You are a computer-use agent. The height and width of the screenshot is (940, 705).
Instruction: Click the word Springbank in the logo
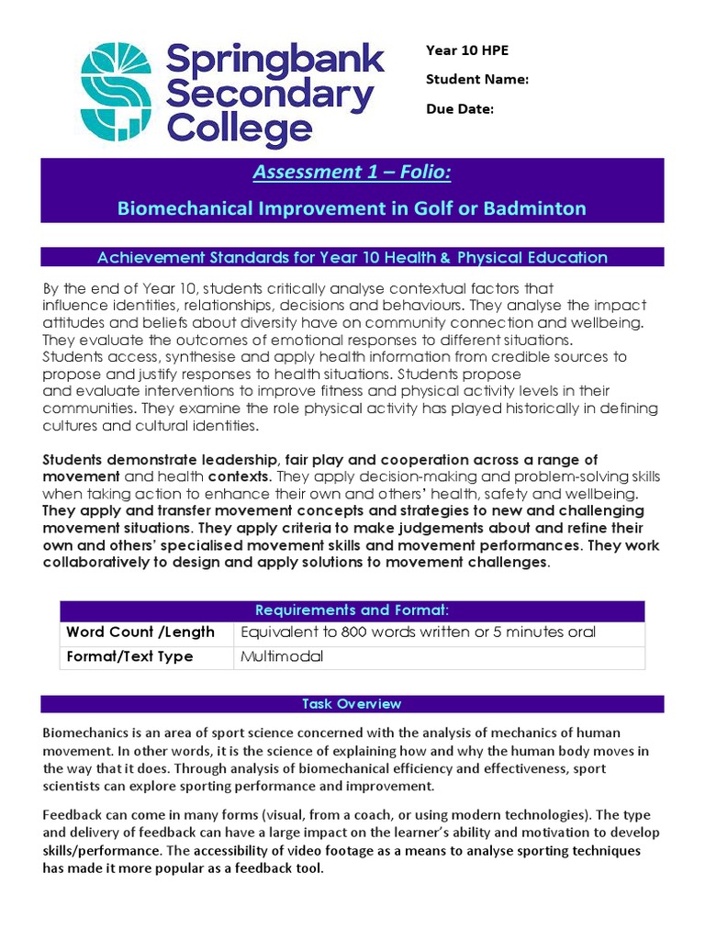click(x=274, y=62)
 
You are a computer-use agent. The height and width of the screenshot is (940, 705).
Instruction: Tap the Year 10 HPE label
click(x=467, y=50)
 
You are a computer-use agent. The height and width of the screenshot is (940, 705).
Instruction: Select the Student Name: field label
click(x=476, y=79)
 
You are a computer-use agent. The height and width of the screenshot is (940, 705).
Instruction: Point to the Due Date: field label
click(x=459, y=108)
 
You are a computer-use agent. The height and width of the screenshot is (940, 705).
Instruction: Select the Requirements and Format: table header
click(x=352, y=610)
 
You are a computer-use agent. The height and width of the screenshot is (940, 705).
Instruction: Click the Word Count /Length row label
click(x=140, y=632)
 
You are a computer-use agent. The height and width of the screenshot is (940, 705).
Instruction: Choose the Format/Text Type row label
click(x=129, y=657)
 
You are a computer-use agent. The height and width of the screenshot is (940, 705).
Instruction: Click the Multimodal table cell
click(x=282, y=657)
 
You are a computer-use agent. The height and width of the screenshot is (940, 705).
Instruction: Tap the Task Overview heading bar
click(x=352, y=704)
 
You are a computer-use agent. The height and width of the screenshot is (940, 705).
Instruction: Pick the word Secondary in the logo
click(x=270, y=95)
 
